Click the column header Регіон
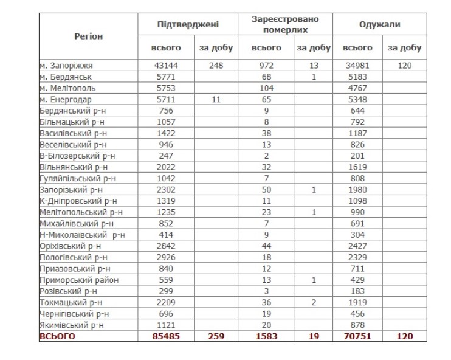pyautogui.click(x=89, y=36)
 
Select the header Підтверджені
pyautogui.click(x=188, y=25)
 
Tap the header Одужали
pyautogui.click(x=380, y=25)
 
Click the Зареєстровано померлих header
pyautogui.click(x=285, y=24)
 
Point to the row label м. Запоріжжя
pyautogui.click(x=66, y=65)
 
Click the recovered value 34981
pyautogui.click(x=358, y=65)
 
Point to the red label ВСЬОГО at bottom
pyautogui.click(x=58, y=336)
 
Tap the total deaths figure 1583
pyautogui.click(x=267, y=336)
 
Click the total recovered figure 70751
pyautogui.click(x=358, y=336)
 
